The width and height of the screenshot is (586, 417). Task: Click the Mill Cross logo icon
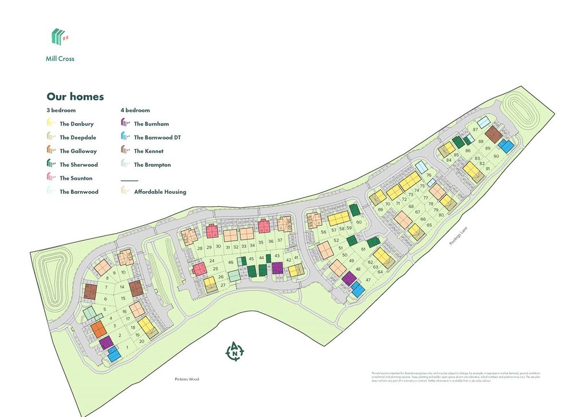(59, 37)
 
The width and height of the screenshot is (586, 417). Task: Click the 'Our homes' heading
(75, 97)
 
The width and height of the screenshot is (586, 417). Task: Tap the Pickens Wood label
(187, 379)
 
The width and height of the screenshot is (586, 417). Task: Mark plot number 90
(496, 156)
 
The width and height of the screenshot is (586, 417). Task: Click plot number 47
(368, 280)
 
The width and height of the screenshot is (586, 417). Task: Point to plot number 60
(359, 222)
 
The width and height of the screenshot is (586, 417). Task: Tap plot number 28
(200, 247)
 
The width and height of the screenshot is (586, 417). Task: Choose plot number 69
(380, 210)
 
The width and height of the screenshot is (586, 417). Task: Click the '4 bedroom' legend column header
(135, 110)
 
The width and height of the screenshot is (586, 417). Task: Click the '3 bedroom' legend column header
(61, 110)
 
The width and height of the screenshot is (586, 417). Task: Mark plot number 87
(475, 129)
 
